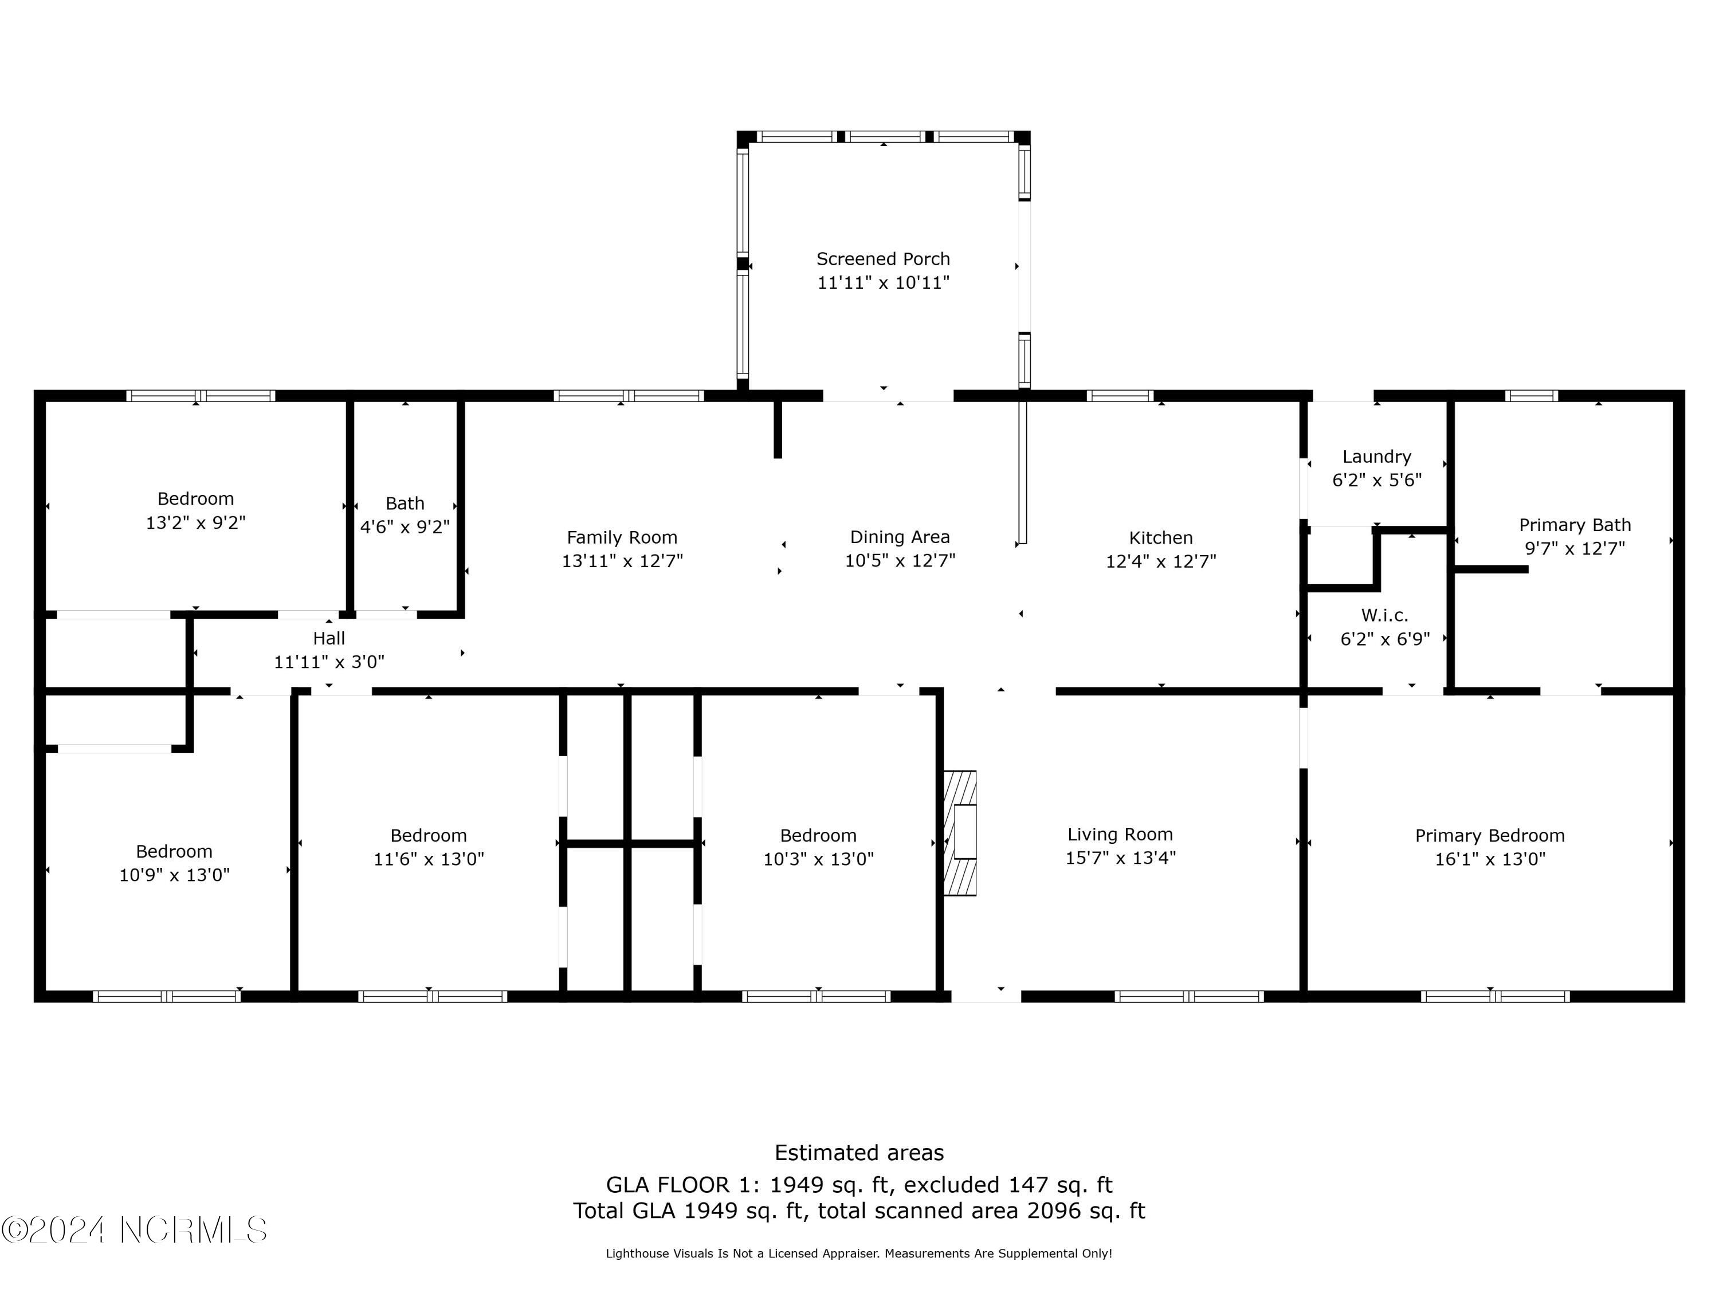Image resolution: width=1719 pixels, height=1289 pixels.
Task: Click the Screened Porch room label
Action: (883, 259)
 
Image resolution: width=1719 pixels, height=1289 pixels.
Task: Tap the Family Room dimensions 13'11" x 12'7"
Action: (622, 561)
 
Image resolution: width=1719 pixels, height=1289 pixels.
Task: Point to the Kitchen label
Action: (1160, 538)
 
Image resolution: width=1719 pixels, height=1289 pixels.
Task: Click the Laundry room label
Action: (1376, 457)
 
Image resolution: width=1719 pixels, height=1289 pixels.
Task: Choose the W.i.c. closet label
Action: (1384, 615)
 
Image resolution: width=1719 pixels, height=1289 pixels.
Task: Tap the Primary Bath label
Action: (1575, 525)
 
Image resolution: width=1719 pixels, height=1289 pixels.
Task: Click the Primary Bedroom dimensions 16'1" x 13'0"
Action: (1489, 859)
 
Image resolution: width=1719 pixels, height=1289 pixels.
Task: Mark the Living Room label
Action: (1119, 835)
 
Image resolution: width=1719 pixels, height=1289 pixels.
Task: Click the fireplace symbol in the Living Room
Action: (960, 832)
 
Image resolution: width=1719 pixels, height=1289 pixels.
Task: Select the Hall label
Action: (329, 639)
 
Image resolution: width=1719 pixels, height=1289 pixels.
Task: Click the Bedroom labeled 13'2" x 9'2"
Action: (195, 510)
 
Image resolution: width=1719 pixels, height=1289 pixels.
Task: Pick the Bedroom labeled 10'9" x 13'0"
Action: (174, 863)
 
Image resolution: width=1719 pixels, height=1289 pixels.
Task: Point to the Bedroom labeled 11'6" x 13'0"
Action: (428, 847)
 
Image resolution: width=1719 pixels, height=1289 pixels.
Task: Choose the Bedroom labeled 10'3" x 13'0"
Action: (818, 847)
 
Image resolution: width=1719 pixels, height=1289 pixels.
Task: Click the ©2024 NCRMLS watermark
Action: (135, 1230)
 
